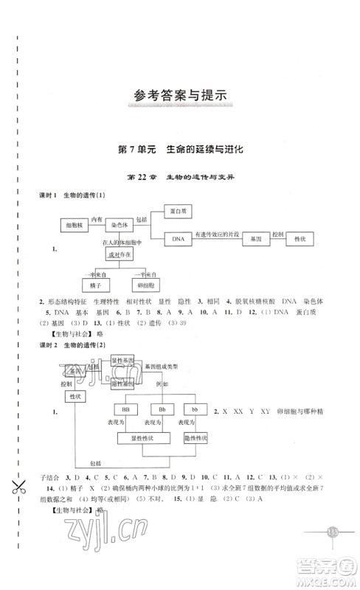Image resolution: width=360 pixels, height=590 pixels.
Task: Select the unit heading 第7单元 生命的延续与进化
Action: pos(180,149)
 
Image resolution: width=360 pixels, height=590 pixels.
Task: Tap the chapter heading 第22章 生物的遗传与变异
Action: pos(180,177)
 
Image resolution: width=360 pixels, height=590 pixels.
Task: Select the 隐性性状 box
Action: pos(195,438)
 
